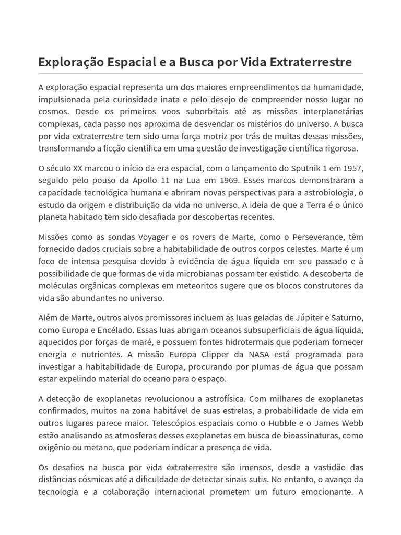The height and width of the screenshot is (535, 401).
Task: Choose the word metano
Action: (x=110, y=447)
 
